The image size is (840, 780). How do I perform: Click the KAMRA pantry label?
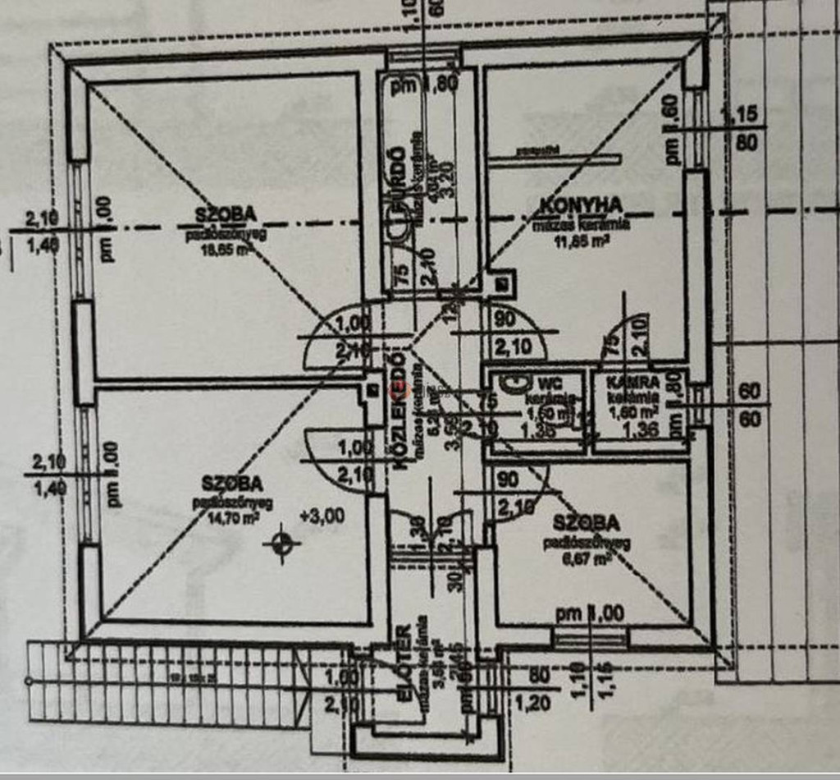632,383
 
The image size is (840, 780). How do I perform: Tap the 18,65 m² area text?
225,252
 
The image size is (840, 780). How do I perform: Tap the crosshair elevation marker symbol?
282,542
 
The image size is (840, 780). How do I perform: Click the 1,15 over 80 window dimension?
745,127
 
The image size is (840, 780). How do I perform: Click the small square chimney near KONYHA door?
501,284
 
